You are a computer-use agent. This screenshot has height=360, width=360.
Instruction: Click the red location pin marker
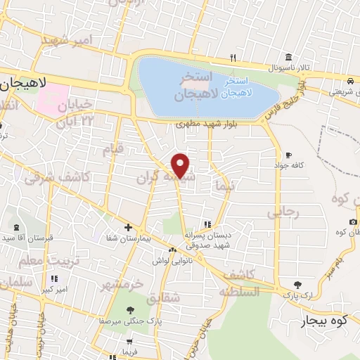point(181,165)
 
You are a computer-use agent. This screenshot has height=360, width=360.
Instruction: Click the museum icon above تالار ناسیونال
point(288,57)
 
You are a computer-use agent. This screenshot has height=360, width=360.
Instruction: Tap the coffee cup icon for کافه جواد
point(288,155)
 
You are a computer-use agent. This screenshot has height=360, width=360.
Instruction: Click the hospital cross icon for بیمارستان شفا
point(127,227)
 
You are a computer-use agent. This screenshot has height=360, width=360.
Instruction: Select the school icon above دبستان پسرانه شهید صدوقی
point(206,225)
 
